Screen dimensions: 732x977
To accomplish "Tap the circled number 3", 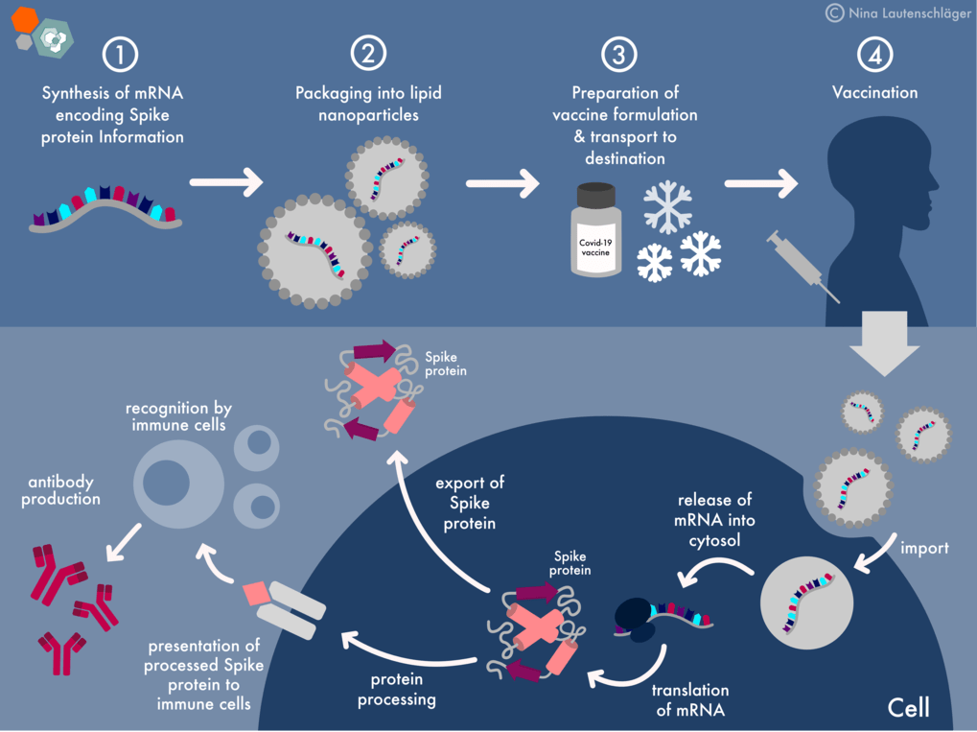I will coord(619,55).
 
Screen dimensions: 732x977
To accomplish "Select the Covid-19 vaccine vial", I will coord(593,229).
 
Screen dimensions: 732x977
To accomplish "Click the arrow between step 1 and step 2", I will coord(226,181).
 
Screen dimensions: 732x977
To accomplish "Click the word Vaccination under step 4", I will coord(874,93).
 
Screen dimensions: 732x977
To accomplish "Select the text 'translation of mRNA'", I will coord(690,700).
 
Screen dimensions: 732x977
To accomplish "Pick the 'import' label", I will coord(924,548).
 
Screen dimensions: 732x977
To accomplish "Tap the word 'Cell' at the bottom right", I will coord(908,708).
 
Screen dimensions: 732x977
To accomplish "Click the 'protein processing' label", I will coord(397,689).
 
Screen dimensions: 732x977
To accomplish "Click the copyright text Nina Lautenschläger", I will coord(896,12).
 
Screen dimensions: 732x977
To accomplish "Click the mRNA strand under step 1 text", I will coord(105,206).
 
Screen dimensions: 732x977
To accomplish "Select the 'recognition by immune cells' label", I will coord(178,416).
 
